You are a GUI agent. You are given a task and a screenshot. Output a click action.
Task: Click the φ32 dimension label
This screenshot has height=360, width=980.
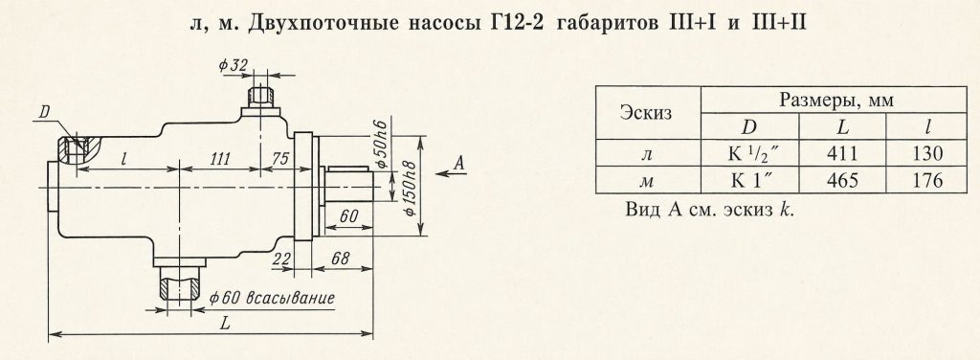[234, 66]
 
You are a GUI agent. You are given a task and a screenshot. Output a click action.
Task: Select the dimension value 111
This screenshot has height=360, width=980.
[219, 159]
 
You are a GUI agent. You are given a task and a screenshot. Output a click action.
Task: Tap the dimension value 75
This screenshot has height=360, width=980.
[280, 159]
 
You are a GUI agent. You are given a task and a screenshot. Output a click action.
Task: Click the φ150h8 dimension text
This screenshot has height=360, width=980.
[410, 188]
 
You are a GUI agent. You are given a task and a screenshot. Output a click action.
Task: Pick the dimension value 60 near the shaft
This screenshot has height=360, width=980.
[350, 216]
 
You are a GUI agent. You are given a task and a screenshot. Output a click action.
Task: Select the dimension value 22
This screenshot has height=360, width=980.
[281, 259]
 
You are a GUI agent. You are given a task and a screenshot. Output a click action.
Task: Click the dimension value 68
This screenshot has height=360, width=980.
[342, 259]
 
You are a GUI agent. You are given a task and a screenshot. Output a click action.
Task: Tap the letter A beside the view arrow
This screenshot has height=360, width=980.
[459, 164]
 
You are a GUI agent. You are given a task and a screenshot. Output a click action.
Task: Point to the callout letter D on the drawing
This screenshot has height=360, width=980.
[44, 113]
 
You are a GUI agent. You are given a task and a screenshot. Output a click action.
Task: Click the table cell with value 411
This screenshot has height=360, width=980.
[842, 153]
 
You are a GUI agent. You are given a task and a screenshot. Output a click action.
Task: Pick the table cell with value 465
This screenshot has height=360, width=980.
[842, 180]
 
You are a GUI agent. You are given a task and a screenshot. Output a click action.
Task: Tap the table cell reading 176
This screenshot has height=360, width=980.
[926, 180]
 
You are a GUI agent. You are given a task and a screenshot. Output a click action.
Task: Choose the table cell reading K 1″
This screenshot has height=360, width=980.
[750, 180]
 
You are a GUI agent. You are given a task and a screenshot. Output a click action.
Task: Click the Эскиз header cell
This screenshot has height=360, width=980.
[648, 113]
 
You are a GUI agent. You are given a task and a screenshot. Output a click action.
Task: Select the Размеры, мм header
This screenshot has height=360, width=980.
[835, 100]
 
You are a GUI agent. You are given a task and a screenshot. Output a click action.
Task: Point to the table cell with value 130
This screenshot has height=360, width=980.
[926, 153]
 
